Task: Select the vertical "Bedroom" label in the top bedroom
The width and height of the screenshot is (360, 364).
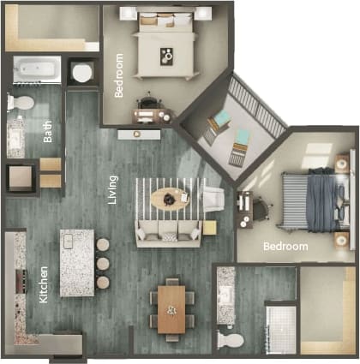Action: (x=118, y=75)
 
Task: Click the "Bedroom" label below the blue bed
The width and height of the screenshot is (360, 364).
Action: (x=285, y=247)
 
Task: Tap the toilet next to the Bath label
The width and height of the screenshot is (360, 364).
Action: (x=21, y=104)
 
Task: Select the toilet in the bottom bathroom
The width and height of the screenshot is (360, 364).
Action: (x=230, y=339)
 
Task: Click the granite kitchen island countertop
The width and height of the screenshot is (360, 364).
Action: (x=76, y=262)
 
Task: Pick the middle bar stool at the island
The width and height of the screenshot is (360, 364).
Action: (x=103, y=263)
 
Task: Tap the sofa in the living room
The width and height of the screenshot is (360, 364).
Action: (x=169, y=230)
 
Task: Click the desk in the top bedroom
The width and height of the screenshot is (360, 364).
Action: (x=153, y=114)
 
